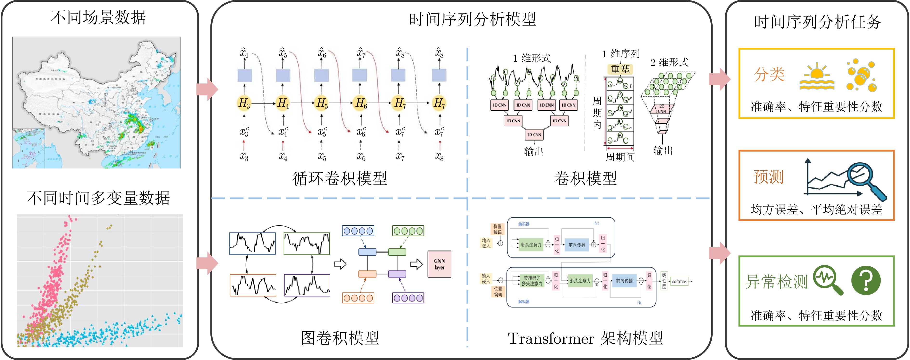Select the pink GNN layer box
click(x=439, y=264)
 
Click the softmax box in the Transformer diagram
click(x=679, y=282)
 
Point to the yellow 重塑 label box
click(x=620, y=69)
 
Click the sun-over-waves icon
click(x=817, y=76)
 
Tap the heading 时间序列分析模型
click(x=472, y=19)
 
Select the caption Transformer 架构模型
click(x=585, y=338)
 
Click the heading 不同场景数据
click(x=98, y=17)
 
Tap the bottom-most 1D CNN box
click(x=534, y=135)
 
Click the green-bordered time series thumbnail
click(x=306, y=244)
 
